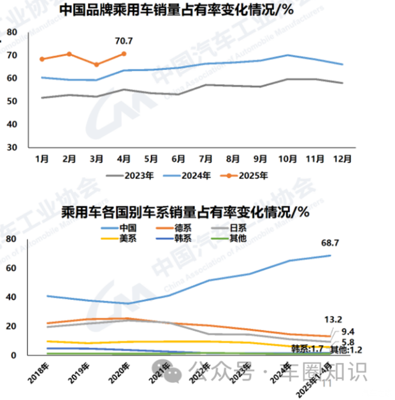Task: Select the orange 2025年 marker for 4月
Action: [x=124, y=54]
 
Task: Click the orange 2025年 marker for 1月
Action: [x=42, y=59]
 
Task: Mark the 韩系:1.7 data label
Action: [x=308, y=349]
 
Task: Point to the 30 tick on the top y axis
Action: [x=11, y=146]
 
